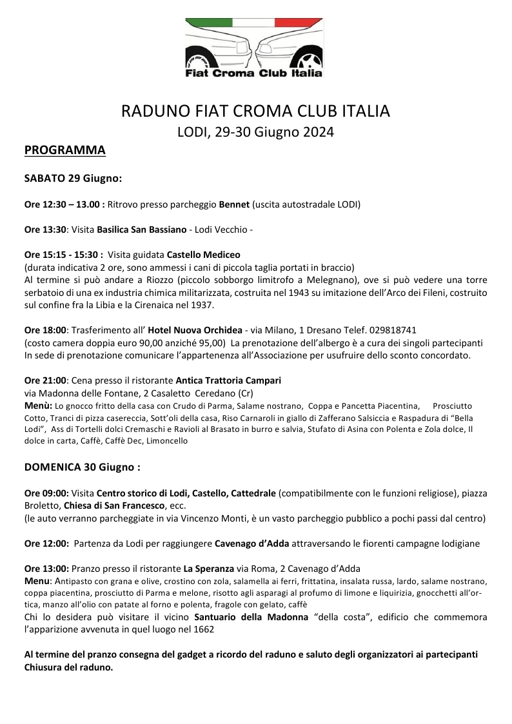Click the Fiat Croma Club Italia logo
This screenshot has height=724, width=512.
pos(254,49)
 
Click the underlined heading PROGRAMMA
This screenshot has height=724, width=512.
pos(64,151)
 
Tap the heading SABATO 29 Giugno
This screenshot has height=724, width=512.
pos(73,177)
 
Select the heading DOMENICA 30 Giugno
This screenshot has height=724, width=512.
pos(82,465)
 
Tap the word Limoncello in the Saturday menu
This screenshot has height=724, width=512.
pos(167,441)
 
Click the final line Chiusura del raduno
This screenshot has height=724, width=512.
pos(68,667)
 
